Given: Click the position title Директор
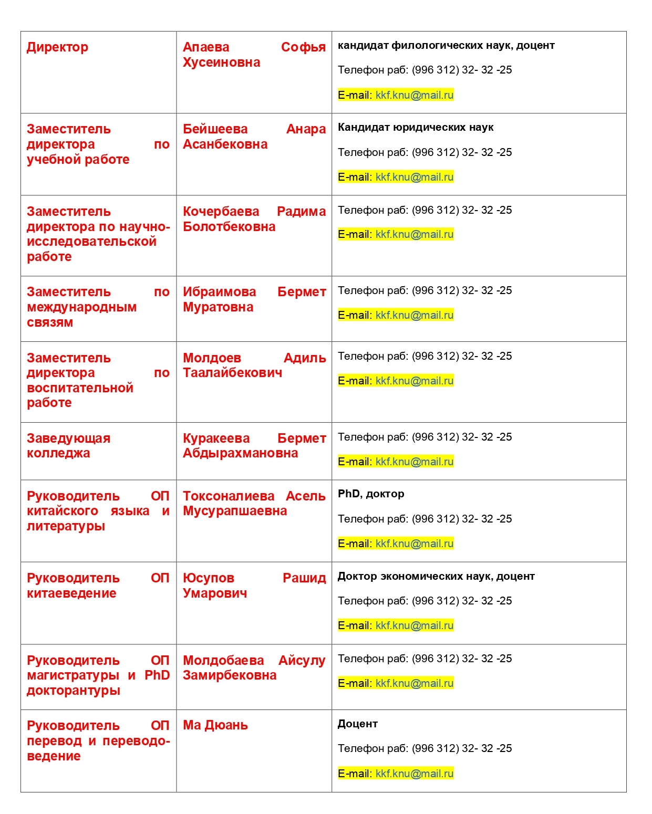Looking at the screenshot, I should (x=57, y=47).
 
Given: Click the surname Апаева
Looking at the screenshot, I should (x=206, y=47).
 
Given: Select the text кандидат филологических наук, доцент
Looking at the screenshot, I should (x=446, y=46).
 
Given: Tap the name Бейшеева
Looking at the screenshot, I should (x=215, y=129).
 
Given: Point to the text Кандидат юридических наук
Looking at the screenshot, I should (x=416, y=128).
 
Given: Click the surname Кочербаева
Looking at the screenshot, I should (x=221, y=212).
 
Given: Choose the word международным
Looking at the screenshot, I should (x=81, y=307).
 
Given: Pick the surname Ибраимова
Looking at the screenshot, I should (x=219, y=292).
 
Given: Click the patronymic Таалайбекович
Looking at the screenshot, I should (x=232, y=373).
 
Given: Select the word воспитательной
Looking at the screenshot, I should (x=80, y=388).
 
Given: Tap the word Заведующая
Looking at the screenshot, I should (x=68, y=439).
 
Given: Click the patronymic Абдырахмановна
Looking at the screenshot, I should (x=240, y=453).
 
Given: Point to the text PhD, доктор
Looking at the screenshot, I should (x=371, y=494).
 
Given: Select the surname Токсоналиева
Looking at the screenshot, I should (x=229, y=496).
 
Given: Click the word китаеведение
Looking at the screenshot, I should (x=71, y=593).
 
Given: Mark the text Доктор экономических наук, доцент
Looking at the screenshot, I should (x=436, y=577).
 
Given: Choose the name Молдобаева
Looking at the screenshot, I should (x=223, y=661).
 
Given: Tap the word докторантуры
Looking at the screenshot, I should (x=74, y=691).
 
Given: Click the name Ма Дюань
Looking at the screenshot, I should (x=215, y=725).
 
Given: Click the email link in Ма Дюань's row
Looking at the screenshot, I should (x=415, y=774).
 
